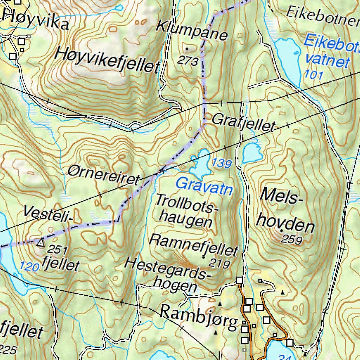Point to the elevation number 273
pyautogui.click(x=188, y=61)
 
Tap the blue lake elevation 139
pyautogui.click(x=222, y=163)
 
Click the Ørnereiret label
pyautogui.click(x=104, y=175)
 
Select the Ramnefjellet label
pyautogui.click(x=194, y=245)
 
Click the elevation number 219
pyautogui.click(x=219, y=263)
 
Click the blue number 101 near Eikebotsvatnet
pyautogui.click(x=314, y=74)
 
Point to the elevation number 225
pyautogui.click(x=8, y=349)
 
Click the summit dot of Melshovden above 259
pyautogui.click(x=281, y=230)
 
